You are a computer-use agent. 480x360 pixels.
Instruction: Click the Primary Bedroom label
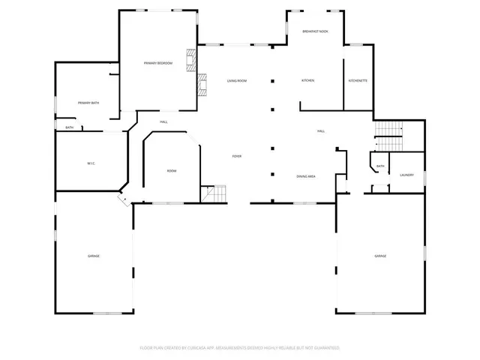(158, 64)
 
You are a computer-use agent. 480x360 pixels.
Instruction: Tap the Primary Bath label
(88, 103)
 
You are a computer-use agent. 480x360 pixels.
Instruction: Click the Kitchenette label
(358, 81)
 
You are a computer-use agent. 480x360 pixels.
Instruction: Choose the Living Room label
(237, 81)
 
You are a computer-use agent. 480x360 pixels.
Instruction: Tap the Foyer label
(237, 156)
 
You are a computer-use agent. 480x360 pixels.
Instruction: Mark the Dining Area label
(305, 176)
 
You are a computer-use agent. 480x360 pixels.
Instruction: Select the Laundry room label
(406, 175)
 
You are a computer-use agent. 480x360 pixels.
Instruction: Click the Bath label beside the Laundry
(380, 166)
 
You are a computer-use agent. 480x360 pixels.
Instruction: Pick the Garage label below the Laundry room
(380, 256)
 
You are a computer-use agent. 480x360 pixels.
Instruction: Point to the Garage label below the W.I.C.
(93, 256)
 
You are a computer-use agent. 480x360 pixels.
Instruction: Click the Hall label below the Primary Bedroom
(163, 121)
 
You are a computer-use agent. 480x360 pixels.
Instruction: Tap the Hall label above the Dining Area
(321, 132)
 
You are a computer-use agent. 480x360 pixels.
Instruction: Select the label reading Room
(172, 172)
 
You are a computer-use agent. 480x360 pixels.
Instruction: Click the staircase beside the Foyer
(216, 194)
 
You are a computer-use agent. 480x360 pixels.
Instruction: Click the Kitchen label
(307, 81)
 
